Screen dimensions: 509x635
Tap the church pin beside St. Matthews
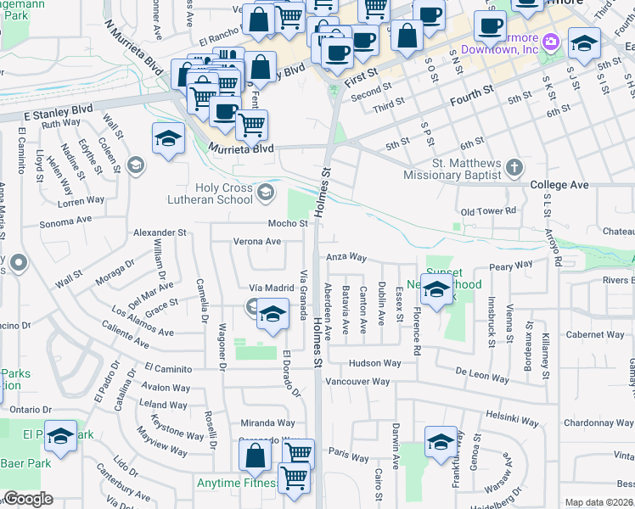click(514, 168)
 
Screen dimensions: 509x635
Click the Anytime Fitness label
click(238, 484)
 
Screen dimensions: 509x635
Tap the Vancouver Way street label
click(357, 382)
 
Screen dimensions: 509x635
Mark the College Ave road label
click(559, 184)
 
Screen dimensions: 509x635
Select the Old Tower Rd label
click(487, 210)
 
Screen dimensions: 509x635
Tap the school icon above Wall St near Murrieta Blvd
click(168, 138)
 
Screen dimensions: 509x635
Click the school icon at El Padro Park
click(60, 437)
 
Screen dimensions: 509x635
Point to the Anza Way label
click(345, 256)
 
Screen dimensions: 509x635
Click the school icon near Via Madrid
click(271, 316)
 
